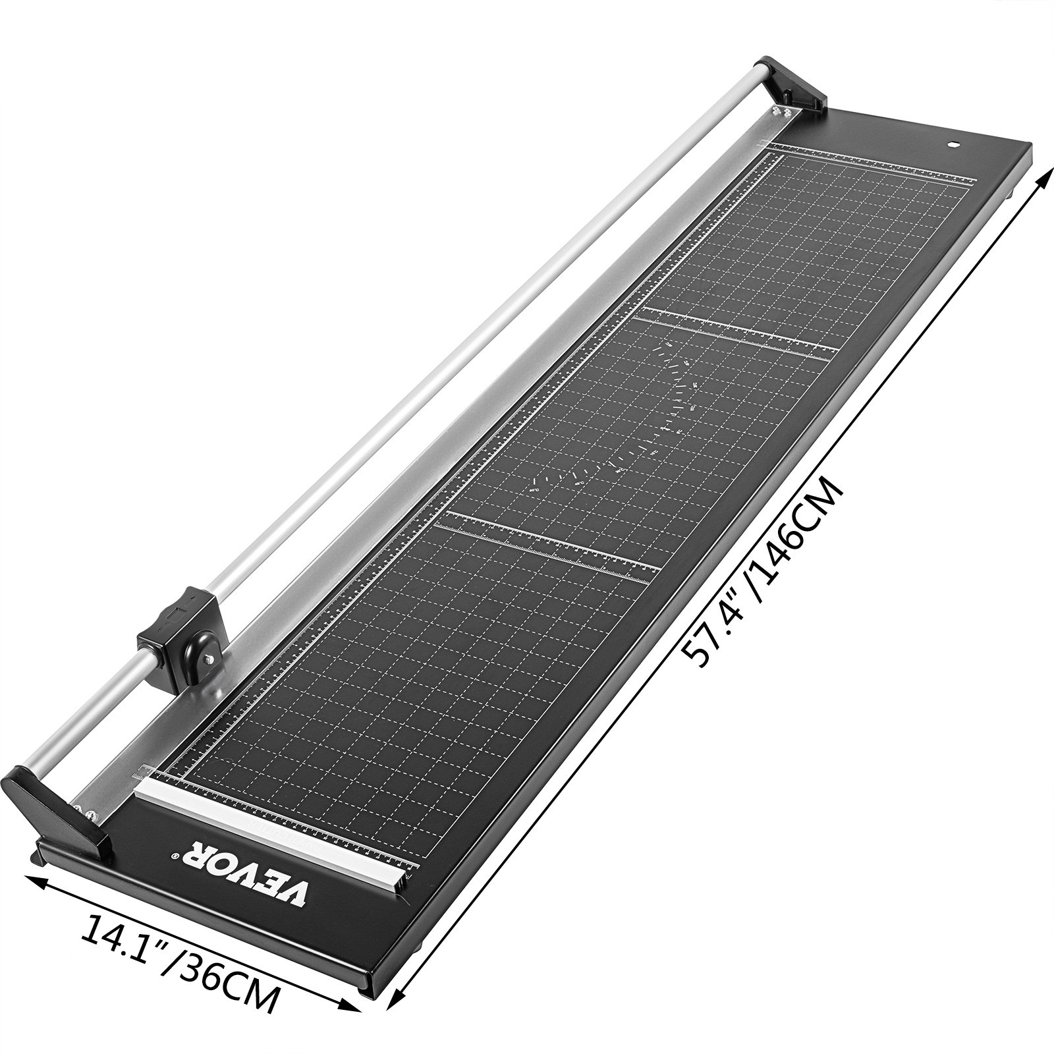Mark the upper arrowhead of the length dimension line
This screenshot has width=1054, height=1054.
(1045, 186)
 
